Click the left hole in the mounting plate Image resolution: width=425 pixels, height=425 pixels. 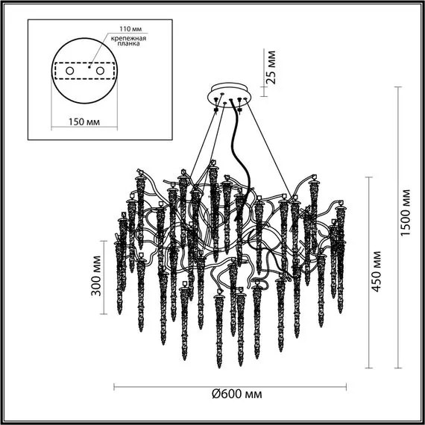click(71, 70)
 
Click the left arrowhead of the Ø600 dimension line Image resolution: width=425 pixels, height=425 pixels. click(116, 386)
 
